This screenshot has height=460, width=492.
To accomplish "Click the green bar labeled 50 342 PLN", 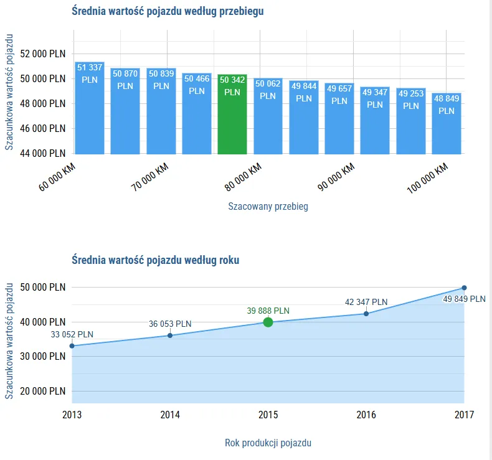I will pos(232,115).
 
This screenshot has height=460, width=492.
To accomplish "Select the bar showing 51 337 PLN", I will pos(90,109).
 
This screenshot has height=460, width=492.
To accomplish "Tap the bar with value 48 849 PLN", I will pos(447,124).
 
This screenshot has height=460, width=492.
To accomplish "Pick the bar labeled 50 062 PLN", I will pos(268,116).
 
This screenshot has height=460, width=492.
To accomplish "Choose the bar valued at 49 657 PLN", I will pos(339,119).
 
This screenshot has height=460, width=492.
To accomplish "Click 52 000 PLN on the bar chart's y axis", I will pos(43,54).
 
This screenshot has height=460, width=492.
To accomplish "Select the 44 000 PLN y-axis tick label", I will pos(43,153).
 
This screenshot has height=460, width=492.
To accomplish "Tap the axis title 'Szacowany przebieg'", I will pos(268,206).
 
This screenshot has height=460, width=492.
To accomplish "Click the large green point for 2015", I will pos(268,322).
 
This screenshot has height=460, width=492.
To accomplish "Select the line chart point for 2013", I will pos(72,346).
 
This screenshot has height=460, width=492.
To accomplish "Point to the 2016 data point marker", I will pos(366,313).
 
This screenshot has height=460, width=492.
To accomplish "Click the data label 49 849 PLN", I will pos(464,299).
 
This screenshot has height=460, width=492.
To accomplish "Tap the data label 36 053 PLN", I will pos(170,324).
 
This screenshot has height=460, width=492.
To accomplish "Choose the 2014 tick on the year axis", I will pos(170,415).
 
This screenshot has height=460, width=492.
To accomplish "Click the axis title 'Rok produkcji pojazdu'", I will pos(268,443).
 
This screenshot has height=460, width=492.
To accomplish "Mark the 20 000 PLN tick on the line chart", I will pos(43,391).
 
